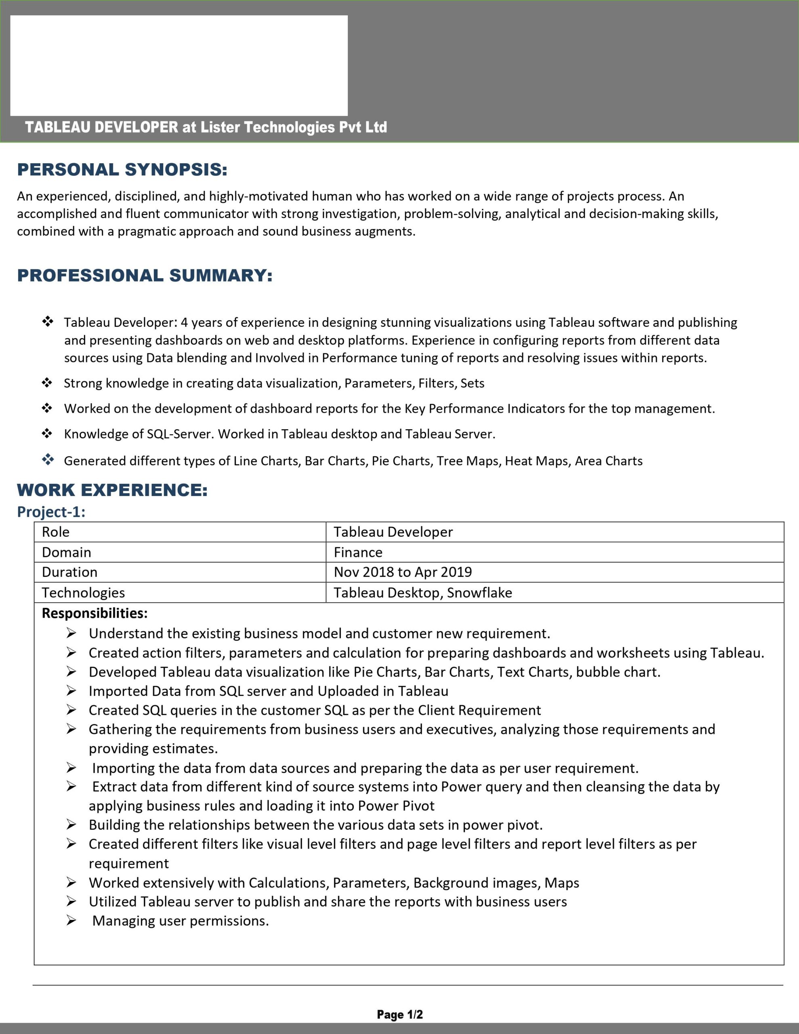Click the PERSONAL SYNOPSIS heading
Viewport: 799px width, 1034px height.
pos(122,170)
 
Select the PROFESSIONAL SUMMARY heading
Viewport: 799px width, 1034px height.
pos(145,275)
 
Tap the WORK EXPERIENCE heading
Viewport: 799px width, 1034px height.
pos(112,490)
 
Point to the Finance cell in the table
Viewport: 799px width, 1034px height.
pos(358,552)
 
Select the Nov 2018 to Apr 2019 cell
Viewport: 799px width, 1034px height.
pos(403,572)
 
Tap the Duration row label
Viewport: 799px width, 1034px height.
pos(69,572)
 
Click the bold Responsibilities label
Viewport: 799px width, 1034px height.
pos(95,613)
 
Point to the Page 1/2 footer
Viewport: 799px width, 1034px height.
pos(400,1014)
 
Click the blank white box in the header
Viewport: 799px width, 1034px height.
pos(179,65)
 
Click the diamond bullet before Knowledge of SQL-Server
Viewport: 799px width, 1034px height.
pos(47,433)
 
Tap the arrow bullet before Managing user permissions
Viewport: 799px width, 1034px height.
pos(71,921)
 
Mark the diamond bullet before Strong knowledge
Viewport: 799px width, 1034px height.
pos(47,382)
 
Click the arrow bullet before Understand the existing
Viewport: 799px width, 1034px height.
pos(71,633)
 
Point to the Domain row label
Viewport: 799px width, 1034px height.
pos(66,552)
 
